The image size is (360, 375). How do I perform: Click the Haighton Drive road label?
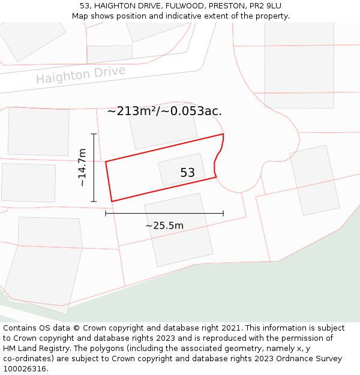tap(81, 75)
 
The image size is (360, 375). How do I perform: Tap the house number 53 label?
tap(187, 173)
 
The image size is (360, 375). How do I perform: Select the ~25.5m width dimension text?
tap(164, 226)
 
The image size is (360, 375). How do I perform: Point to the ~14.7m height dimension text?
tap(83, 167)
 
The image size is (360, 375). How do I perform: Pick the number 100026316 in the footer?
tap(25, 369)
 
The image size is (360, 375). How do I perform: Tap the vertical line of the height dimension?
tap(94, 167)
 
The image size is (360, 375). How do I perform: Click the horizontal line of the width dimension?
tap(164, 213)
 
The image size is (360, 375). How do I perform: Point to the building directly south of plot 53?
tap(179, 229)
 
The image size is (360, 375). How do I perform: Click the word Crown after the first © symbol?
tap(95, 328)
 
